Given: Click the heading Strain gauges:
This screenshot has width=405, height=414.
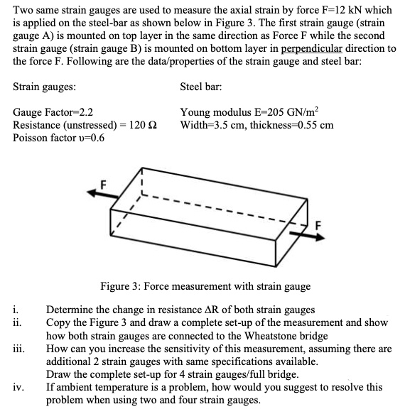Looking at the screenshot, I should point(45,87).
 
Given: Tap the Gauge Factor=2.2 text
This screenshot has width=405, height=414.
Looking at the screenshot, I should point(53,112).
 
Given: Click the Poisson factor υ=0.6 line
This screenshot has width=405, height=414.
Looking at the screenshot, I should point(59,138).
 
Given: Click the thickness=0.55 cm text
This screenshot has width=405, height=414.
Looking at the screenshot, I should point(288,125).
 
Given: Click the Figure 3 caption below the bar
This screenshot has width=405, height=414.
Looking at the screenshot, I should point(205,286).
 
